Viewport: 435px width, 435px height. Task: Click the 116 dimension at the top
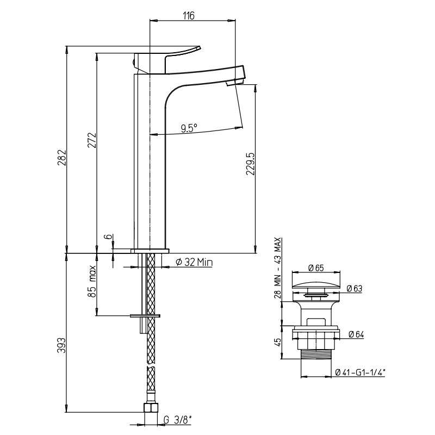(189, 16)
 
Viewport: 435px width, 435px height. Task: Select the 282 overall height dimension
(61, 158)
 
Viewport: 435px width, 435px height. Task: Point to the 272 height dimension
(92, 141)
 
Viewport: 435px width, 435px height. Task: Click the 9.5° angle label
(189, 128)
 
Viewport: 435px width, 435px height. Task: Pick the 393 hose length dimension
(61, 345)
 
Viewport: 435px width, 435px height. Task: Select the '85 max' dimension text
(92, 281)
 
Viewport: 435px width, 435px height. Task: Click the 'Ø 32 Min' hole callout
(194, 262)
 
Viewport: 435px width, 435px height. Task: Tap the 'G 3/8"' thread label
(178, 420)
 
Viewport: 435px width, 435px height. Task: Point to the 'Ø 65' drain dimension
(316, 268)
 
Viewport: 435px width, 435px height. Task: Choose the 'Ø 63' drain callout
(355, 289)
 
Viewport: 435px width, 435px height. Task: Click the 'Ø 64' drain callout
(356, 334)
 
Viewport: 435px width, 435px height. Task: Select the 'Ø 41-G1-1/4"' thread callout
(360, 372)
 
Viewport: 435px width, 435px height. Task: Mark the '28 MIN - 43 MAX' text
(278, 268)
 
